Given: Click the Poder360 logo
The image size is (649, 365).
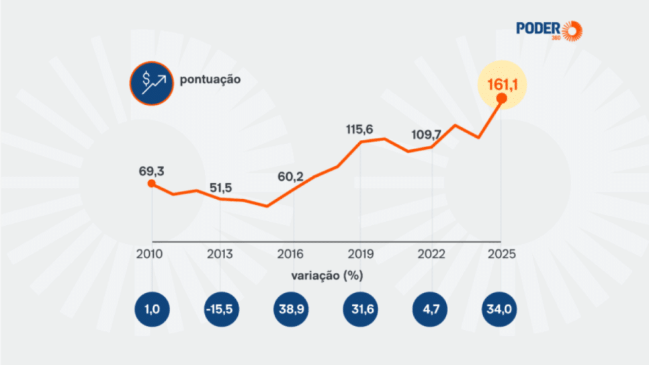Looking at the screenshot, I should click(x=549, y=30).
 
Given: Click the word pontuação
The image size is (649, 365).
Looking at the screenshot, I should click(x=210, y=79).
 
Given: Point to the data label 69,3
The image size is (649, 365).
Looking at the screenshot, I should click(x=151, y=170).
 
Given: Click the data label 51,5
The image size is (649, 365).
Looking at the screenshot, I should click(x=220, y=187).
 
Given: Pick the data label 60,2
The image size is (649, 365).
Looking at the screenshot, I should click(x=291, y=177).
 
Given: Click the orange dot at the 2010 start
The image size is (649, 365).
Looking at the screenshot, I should click(x=151, y=184).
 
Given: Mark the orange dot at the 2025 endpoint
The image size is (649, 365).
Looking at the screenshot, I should click(x=501, y=99).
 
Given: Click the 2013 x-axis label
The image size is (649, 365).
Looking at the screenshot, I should click(x=220, y=255).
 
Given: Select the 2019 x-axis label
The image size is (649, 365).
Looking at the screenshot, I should click(x=360, y=255).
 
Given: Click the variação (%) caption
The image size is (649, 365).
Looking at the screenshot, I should click(x=327, y=276).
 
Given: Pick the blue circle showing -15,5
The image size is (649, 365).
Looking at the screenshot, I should click(x=222, y=310).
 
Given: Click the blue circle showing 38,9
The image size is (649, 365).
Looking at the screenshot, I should click(x=292, y=310).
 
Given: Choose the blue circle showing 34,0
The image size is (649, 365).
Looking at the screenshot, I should click(x=501, y=310).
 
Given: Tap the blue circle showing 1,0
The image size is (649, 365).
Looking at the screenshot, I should click(x=151, y=310).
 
